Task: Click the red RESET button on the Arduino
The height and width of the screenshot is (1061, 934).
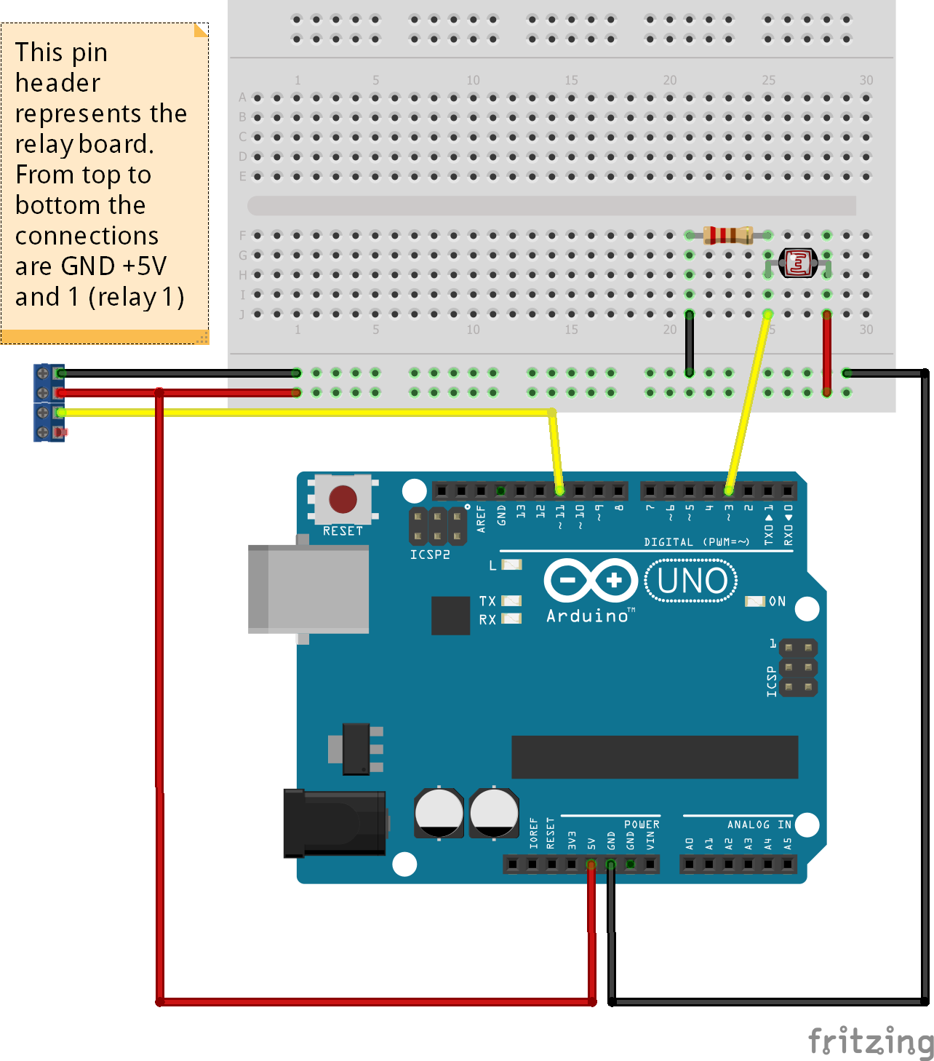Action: click(x=343, y=500)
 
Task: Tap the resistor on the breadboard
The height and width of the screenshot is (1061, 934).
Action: click(x=728, y=235)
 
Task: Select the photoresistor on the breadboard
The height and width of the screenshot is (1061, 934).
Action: click(x=798, y=263)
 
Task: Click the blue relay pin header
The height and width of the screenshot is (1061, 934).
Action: click(x=49, y=402)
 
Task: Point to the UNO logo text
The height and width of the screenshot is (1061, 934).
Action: click(x=692, y=581)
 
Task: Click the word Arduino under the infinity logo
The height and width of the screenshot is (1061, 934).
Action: click(x=588, y=616)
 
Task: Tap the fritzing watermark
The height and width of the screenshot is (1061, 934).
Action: click(x=870, y=1041)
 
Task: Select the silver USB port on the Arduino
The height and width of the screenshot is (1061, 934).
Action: click(x=308, y=589)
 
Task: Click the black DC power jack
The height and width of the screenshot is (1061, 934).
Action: click(x=334, y=823)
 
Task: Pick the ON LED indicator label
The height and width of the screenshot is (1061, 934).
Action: click(x=777, y=602)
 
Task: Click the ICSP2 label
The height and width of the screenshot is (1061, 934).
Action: click(x=430, y=555)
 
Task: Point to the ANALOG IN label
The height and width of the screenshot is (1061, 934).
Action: click(x=759, y=824)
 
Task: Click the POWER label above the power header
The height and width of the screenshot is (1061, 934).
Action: click(x=642, y=824)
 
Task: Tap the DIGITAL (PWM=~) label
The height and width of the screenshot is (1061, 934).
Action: click(x=696, y=542)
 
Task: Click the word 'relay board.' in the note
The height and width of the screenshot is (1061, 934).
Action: click(x=84, y=144)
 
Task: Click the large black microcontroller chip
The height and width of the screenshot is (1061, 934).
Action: click(x=655, y=757)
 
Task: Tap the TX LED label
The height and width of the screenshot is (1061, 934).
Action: click(x=487, y=601)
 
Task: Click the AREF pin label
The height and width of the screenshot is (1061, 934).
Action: click(x=481, y=519)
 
